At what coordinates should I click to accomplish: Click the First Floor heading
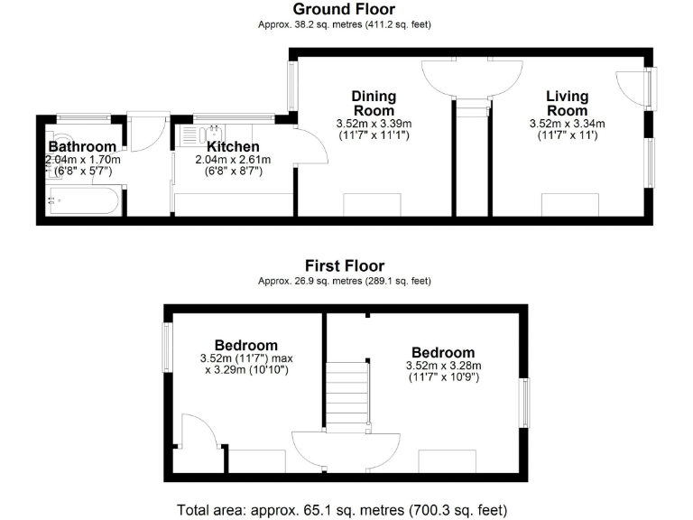(344, 265)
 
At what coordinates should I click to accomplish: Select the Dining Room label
(374, 103)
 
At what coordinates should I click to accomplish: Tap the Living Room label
(567, 103)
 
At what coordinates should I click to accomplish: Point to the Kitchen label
(233, 147)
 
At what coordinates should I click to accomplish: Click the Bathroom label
(82, 147)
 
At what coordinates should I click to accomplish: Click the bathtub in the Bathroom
(83, 200)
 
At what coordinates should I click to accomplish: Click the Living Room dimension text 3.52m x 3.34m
(567, 124)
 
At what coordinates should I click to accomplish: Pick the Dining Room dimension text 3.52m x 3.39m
(374, 124)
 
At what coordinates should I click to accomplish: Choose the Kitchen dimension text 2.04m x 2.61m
(233, 160)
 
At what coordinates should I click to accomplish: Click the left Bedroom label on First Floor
(245, 345)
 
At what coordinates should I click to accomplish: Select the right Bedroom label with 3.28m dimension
(443, 352)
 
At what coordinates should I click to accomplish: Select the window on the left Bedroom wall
(167, 348)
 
